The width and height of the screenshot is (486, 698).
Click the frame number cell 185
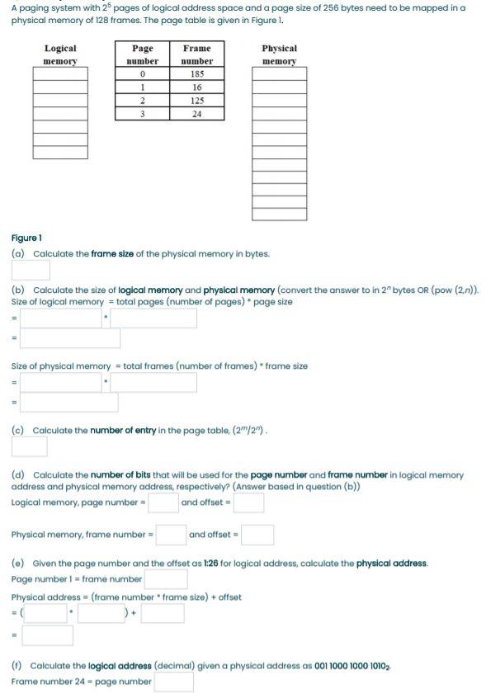[x=196, y=74]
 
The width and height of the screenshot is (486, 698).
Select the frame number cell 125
[x=196, y=101]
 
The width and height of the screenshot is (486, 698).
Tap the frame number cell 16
[x=196, y=87]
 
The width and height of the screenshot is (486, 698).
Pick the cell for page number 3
[x=143, y=114]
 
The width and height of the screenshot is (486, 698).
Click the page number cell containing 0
[x=143, y=74]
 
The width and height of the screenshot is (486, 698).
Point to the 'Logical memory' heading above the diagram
[x=60, y=54]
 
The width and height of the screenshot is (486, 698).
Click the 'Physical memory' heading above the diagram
[x=279, y=54]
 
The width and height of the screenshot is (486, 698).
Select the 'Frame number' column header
[x=196, y=54]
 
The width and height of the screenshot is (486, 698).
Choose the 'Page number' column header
[x=143, y=54]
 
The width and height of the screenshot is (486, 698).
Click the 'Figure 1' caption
[x=26, y=238]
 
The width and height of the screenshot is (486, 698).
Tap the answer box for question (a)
[x=31, y=270]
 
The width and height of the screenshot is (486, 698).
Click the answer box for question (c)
[x=29, y=446]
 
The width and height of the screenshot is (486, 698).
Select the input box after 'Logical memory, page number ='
[x=163, y=502]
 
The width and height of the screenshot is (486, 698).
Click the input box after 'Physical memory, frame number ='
[x=171, y=535]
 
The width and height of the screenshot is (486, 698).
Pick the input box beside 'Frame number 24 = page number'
[x=173, y=681]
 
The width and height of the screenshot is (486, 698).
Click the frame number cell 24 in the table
[x=196, y=114]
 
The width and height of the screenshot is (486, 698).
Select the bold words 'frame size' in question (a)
[x=111, y=254]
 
